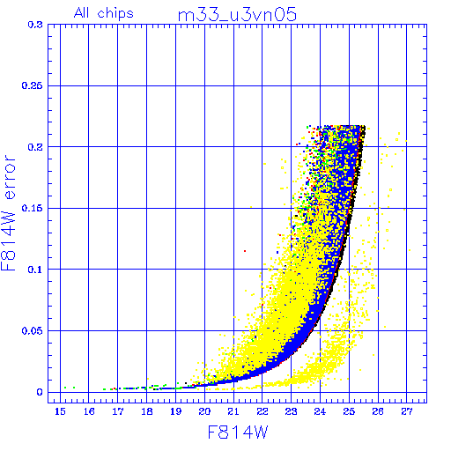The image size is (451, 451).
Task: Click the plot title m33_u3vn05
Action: (x=237, y=15)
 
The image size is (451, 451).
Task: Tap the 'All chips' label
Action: (x=104, y=13)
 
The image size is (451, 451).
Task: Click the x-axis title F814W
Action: (x=238, y=432)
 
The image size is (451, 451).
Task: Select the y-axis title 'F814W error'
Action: (x=8, y=212)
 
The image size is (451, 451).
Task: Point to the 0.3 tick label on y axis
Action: (x=35, y=25)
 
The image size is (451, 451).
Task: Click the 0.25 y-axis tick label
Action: (x=33, y=85)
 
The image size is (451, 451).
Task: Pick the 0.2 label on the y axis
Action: (x=35, y=147)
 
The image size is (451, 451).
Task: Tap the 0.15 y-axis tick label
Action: (x=33, y=208)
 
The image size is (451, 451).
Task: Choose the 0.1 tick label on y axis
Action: (x=35, y=270)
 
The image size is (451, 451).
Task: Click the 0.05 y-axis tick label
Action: (x=33, y=331)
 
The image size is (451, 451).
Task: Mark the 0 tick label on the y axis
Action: (x=40, y=392)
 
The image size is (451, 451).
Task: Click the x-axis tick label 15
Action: (x=60, y=411)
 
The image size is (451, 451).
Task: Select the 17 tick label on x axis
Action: (x=118, y=411)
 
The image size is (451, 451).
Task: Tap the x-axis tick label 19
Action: (x=176, y=411)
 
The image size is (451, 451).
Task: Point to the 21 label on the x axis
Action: (x=233, y=411)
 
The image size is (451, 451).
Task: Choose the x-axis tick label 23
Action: (x=291, y=411)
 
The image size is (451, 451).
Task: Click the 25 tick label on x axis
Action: (x=349, y=411)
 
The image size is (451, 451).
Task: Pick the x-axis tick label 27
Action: (x=407, y=411)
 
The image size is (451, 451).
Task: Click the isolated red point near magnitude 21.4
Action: (x=245, y=251)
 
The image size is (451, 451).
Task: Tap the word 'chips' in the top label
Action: (x=115, y=13)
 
